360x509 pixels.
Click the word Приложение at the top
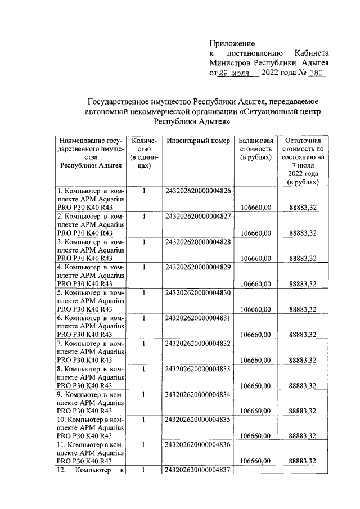[232, 43]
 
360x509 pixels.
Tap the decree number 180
[317, 73]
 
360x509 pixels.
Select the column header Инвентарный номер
[198, 141]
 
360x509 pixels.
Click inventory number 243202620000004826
[198, 191]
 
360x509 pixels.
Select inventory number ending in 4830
[198, 294]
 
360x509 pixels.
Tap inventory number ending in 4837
[198, 470]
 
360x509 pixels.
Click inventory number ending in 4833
[198, 370]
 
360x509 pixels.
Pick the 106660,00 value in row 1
[256, 208]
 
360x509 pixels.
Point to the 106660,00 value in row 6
[256, 334]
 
